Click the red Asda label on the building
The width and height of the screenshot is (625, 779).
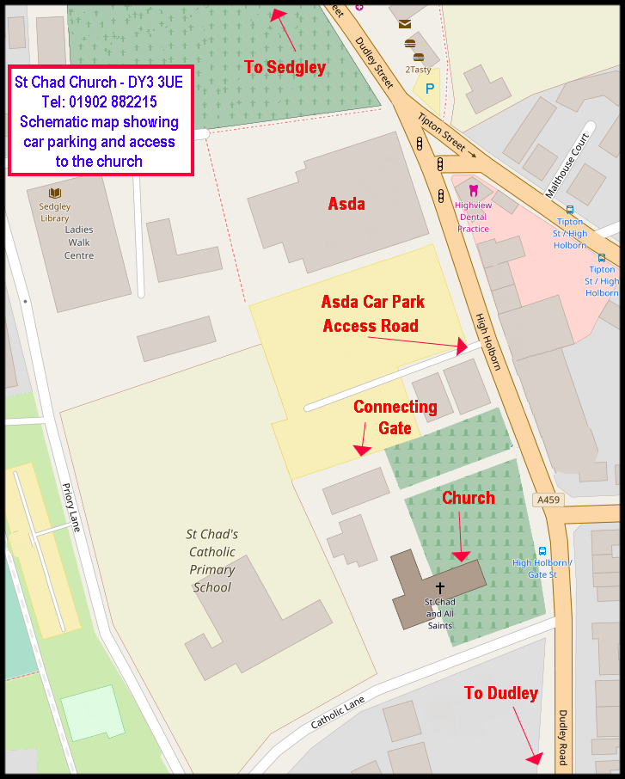(346, 204)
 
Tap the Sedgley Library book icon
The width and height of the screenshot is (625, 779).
(55, 193)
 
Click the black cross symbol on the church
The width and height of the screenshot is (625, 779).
(440, 587)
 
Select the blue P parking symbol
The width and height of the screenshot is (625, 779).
(430, 89)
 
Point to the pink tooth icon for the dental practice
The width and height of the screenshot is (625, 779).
(472, 189)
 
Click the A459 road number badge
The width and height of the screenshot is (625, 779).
(548, 500)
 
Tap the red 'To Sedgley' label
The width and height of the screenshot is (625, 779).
(285, 67)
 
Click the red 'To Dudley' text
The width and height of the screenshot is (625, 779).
(501, 693)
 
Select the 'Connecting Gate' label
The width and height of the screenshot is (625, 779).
(395, 417)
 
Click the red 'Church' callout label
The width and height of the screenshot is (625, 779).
(469, 498)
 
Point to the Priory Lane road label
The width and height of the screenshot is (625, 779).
(70, 507)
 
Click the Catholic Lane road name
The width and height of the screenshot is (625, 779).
(338, 713)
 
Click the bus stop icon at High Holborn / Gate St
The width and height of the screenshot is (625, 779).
(542, 551)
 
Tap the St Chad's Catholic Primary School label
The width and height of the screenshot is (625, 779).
(212, 561)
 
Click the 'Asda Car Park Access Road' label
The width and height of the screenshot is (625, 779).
(372, 314)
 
